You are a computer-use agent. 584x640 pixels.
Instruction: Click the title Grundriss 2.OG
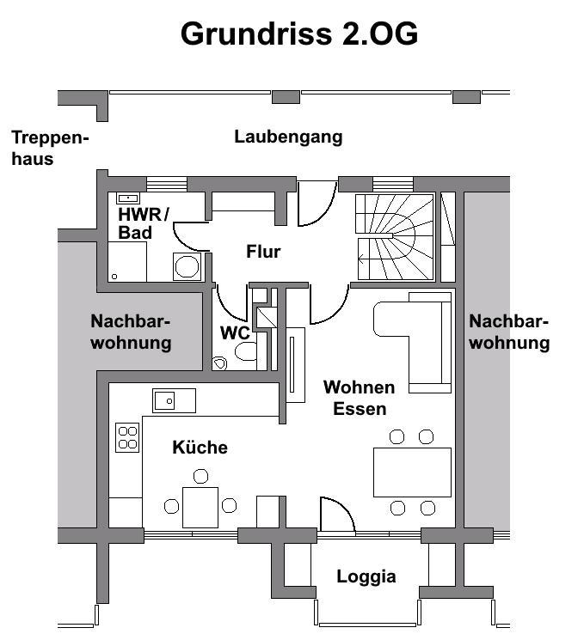[299, 34]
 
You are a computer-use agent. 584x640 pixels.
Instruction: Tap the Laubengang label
[288, 137]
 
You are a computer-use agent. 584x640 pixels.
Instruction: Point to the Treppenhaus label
[50, 148]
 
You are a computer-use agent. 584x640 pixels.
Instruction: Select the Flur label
[263, 252]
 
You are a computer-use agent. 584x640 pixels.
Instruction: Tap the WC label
[235, 332]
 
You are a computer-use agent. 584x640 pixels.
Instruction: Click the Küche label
[200, 448]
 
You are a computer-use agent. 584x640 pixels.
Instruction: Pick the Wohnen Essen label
[359, 398]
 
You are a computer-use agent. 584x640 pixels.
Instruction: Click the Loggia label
[366, 576]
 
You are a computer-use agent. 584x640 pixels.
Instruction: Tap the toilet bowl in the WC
[245, 352]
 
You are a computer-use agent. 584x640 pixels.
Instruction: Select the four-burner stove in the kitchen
[127, 438]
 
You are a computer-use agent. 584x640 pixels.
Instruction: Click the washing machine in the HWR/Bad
[187, 266]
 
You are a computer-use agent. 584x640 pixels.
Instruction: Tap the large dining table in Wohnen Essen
[411, 472]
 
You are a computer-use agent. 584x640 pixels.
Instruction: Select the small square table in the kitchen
[200, 506]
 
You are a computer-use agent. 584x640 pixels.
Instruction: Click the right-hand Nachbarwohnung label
[509, 332]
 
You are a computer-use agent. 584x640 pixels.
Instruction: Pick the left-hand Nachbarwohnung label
[131, 332]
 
